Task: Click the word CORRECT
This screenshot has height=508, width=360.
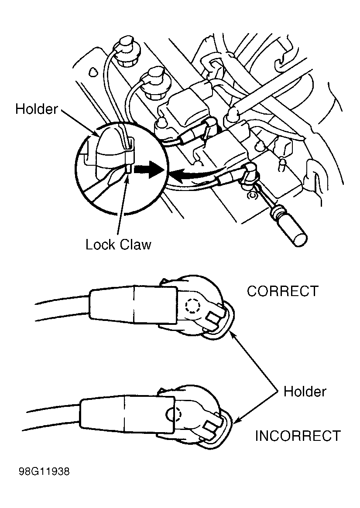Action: pos(282,291)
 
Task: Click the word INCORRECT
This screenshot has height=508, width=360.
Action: pos(298,436)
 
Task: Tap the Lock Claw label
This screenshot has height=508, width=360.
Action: pos(118,245)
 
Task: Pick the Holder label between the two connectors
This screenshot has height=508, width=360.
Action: pos(305,391)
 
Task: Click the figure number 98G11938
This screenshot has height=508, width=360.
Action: pos(44,472)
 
